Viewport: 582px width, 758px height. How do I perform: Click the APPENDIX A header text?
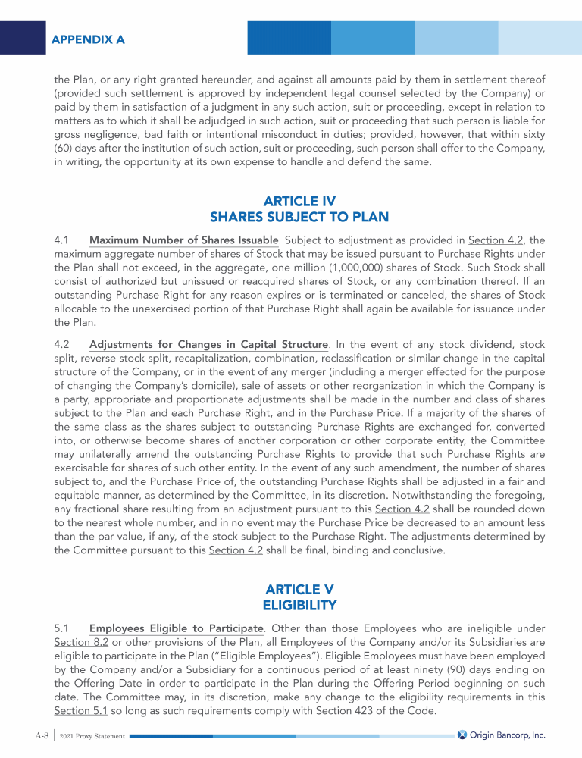pos(88,39)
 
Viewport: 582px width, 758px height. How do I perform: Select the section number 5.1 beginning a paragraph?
pos(63,628)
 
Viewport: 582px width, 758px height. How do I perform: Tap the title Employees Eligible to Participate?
pos(176,628)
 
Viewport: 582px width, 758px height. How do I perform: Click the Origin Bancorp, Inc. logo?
pos(502,735)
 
